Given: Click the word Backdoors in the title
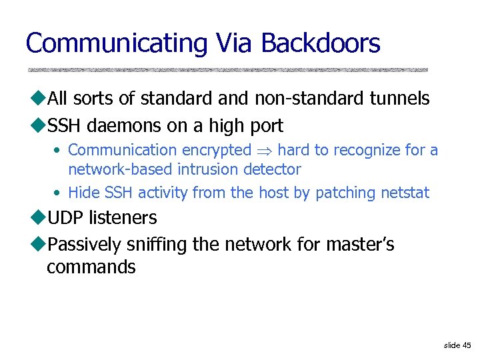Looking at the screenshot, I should pyautogui.click(x=321, y=44).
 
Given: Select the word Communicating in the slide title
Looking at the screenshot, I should pyautogui.click(x=117, y=44).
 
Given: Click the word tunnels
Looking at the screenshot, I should pyautogui.click(x=399, y=99).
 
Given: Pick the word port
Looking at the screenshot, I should pyautogui.click(x=266, y=125).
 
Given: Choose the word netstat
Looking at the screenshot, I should pyautogui.click(x=405, y=193).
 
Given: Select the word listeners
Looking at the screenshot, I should pyautogui.click(x=126, y=218).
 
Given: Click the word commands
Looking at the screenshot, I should pyautogui.click(x=91, y=268).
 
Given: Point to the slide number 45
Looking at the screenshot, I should pyautogui.click(x=466, y=345).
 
